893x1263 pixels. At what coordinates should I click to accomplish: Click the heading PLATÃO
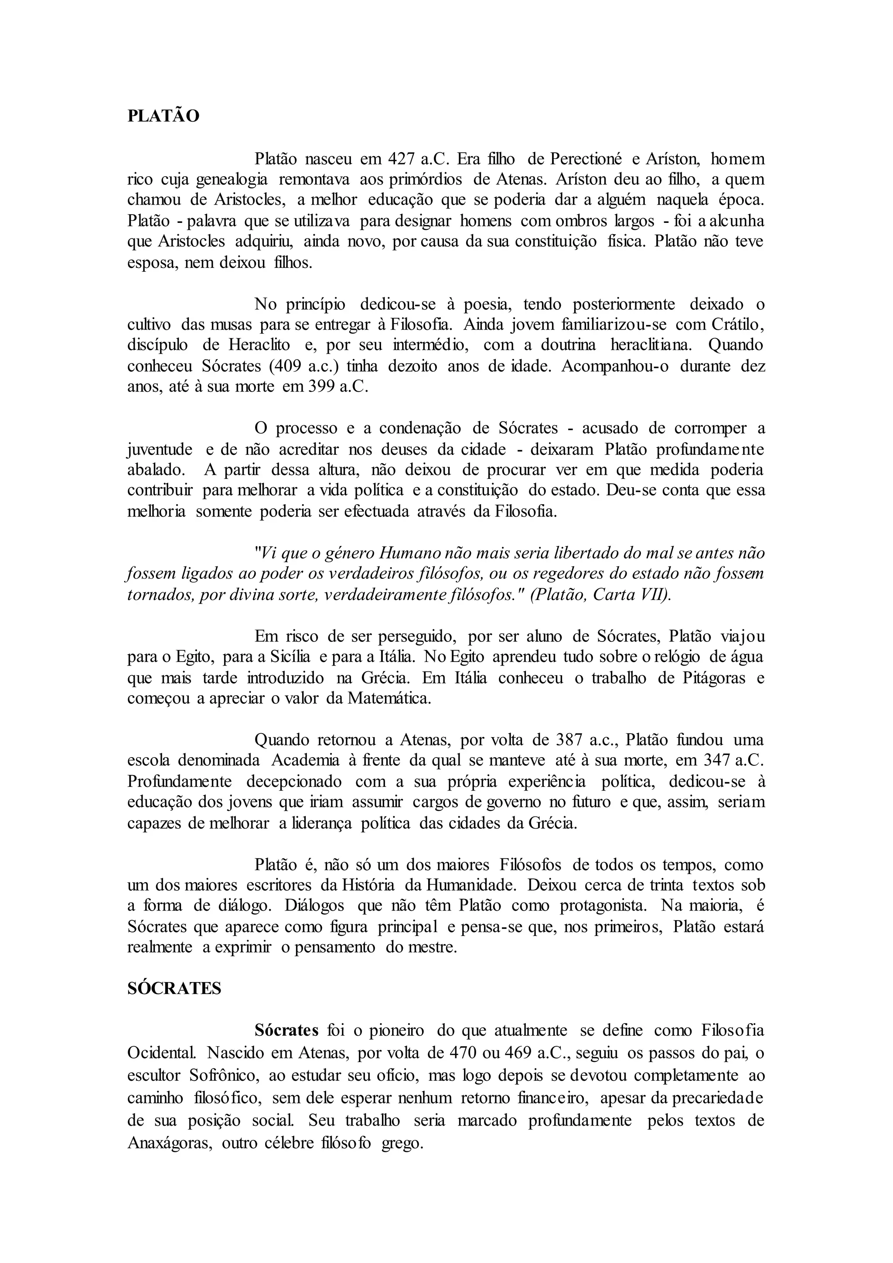click(x=164, y=116)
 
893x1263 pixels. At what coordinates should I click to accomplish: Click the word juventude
click(x=160, y=450)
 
